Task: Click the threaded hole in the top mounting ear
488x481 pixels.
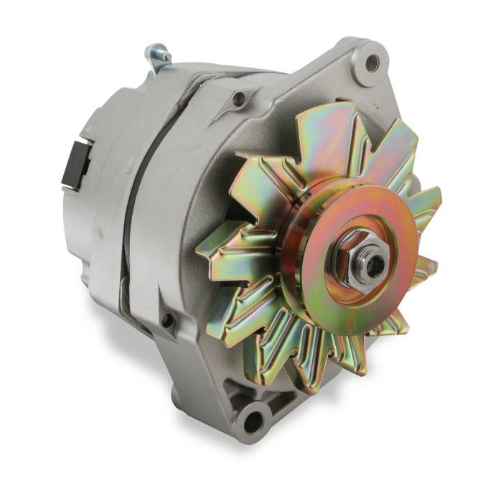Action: click(371, 62)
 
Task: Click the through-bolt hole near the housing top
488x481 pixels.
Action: click(239, 98)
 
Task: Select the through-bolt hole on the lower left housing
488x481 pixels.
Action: click(168, 319)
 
